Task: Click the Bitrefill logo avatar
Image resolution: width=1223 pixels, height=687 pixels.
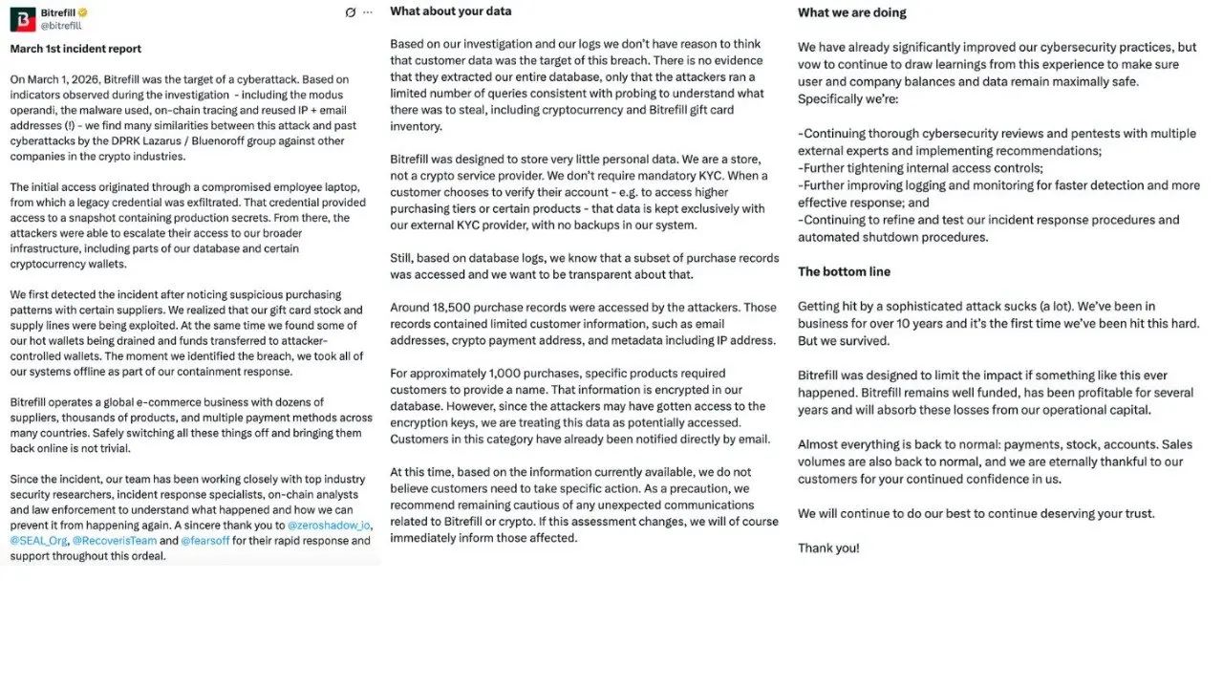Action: [23, 19]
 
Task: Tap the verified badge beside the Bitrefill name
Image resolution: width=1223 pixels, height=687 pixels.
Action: [83, 12]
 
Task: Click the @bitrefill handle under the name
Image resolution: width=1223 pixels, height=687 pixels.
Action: [61, 26]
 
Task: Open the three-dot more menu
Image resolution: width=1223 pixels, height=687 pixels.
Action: [368, 12]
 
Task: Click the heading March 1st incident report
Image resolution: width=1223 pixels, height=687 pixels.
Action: [75, 49]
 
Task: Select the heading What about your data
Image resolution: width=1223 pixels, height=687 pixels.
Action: [450, 11]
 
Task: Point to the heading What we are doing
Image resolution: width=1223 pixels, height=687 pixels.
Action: [851, 12]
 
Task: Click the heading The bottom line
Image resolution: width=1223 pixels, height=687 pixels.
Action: [844, 271]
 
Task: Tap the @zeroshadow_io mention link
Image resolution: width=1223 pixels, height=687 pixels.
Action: [330, 526]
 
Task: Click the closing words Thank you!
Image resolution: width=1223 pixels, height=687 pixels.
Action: [828, 548]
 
